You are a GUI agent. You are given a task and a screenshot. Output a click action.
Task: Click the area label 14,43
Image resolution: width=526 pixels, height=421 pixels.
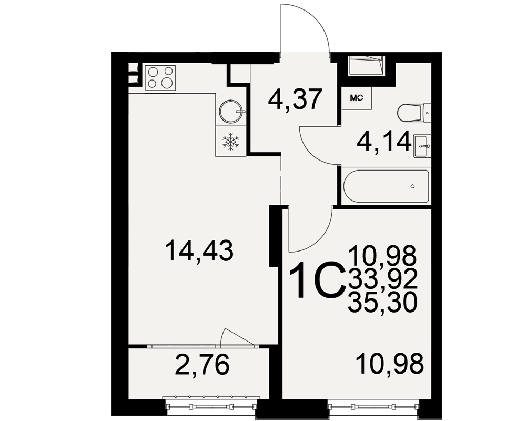[x=199, y=250]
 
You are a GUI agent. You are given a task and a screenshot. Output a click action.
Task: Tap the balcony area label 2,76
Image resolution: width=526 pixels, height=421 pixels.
[x=203, y=364]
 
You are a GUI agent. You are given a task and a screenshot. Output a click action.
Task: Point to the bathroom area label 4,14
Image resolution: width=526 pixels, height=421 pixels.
[x=385, y=141]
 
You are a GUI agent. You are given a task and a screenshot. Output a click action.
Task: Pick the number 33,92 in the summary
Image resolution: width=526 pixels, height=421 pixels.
[x=383, y=279]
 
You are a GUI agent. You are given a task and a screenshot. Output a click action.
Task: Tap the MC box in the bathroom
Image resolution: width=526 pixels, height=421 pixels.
[x=357, y=98]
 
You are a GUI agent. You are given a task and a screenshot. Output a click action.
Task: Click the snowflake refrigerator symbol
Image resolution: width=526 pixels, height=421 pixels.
[x=231, y=141]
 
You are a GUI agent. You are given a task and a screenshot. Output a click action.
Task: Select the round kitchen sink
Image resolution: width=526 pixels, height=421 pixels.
[x=231, y=110]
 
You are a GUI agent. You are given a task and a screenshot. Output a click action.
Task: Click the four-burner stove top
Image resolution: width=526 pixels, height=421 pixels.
[x=160, y=77]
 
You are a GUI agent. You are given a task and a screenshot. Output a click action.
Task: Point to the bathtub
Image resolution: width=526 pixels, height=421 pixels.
[x=386, y=186]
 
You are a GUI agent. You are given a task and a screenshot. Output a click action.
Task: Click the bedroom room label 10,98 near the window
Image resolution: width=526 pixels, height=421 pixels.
[x=390, y=364]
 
